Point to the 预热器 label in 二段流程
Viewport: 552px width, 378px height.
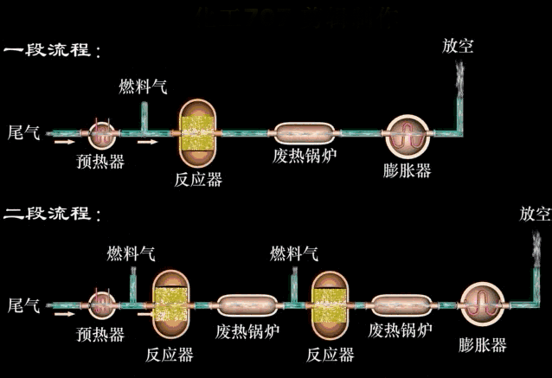pyautogui.click(x=100, y=335)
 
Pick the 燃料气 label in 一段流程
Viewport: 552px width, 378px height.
pyautogui.click(x=143, y=87)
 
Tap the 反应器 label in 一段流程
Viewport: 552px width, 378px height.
pyautogui.click(x=198, y=180)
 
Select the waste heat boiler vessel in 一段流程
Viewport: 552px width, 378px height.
pyautogui.click(x=305, y=133)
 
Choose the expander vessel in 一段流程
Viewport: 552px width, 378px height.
pyautogui.click(x=407, y=134)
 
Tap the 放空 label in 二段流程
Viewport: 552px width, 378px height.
pyautogui.click(x=535, y=213)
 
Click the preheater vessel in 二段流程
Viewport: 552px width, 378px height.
pyautogui.click(x=104, y=304)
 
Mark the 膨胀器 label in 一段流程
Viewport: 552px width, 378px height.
pyautogui.click(x=407, y=170)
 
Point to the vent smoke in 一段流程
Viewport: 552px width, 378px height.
pyautogui.click(x=458, y=74)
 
